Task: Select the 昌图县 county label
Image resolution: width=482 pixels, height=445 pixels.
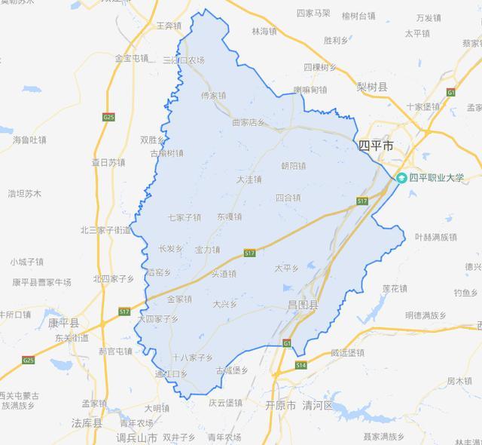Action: [x=304, y=305]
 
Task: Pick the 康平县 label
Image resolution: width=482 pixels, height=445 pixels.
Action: [x=63, y=322]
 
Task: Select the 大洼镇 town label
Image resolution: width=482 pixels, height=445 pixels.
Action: [x=249, y=180]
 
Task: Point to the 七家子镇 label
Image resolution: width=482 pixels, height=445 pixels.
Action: [x=184, y=217]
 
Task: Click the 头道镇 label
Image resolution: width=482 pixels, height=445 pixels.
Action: [x=224, y=274]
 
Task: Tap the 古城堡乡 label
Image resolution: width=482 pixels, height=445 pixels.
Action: [x=231, y=370]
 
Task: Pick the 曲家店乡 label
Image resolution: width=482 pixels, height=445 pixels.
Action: [x=249, y=122]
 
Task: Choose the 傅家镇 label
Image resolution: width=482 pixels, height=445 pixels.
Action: [x=213, y=96]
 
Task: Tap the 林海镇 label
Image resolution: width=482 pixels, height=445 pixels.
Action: [x=264, y=32]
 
